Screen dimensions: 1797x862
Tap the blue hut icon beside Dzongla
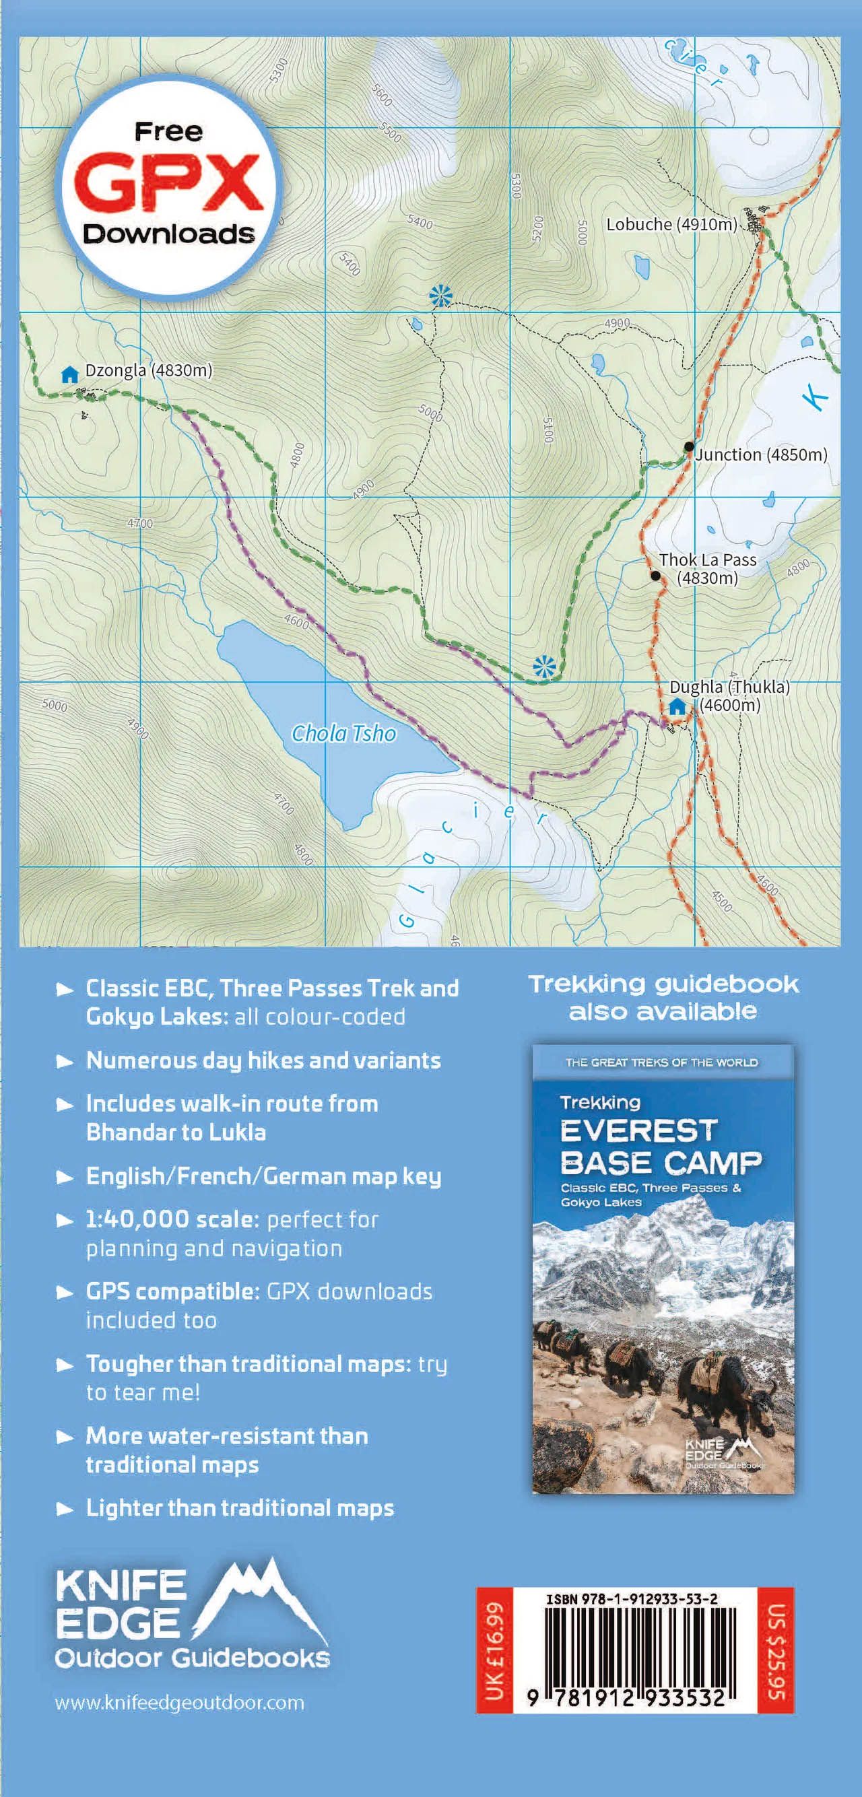(69, 375)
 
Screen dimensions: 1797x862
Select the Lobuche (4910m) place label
(671, 225)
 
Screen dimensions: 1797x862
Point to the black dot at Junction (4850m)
(689, 446)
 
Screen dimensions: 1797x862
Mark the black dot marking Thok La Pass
(655, 576)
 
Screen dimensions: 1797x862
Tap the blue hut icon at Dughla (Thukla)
(677, 706)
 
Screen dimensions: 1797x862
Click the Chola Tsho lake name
(343, 733)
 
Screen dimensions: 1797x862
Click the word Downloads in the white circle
(169, 234)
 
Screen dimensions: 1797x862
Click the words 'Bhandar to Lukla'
(176, 1132)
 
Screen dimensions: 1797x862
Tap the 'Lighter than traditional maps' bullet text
(239, 1508)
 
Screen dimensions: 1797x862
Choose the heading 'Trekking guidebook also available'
(663, 997)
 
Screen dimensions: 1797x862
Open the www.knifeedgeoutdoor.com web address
(179, 1703)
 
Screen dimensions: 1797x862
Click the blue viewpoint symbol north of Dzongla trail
(440, 296)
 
